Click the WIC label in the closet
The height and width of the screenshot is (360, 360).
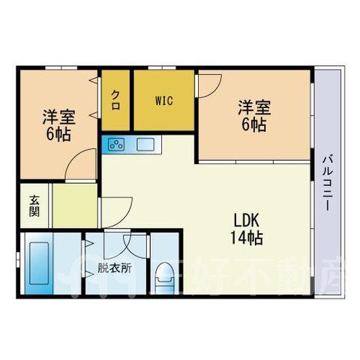(164, 101)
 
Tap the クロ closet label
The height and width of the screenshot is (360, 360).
(115, 100)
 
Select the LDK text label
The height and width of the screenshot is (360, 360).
(245, 220)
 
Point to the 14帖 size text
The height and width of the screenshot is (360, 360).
(246, 238)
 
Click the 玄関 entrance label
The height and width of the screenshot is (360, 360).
(34, 206)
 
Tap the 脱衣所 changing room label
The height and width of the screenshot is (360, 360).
(114, 268)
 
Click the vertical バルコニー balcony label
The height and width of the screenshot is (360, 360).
(328, 183)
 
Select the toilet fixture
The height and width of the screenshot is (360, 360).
(164, 277)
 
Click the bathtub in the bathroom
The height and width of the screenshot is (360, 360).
(39, 263)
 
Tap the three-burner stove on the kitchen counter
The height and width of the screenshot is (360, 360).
(116, 145)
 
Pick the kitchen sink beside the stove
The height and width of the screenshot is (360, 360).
(145, 145)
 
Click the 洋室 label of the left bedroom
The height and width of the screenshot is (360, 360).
(58, 117)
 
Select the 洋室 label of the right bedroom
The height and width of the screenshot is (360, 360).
(254, 108)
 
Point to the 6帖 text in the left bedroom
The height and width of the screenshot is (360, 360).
(58, 134)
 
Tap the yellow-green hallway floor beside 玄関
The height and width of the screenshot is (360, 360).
(75, 205)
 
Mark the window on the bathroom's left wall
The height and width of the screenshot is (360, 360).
(18, 260)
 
